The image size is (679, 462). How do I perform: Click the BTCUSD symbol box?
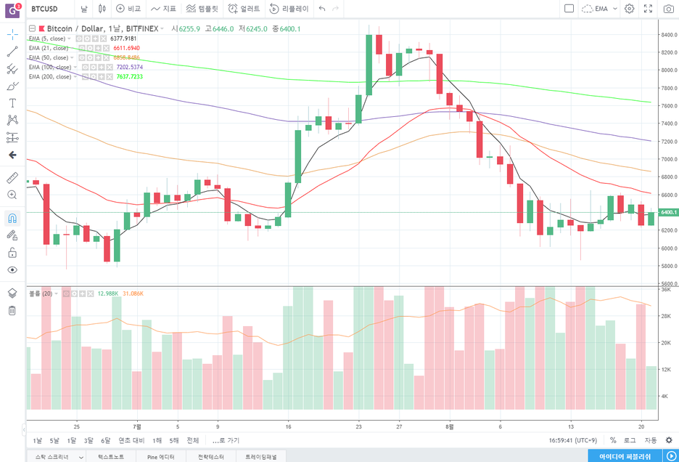click(x=45, y=9)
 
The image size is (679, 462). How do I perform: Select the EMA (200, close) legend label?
click(x=50, y=76)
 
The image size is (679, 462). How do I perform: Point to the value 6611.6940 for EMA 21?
click(x=126, y=47)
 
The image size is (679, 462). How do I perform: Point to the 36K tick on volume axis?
click(x=665, y=289)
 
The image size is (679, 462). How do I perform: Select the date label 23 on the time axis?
click(x=358, y=426)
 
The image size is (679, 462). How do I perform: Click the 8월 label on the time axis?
click(x=450, y=426)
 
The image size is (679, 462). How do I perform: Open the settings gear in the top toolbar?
click(x=629, y=9)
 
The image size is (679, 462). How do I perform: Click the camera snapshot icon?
click(x=668, y=9)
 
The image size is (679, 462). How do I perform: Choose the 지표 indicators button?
click(x=164, y=9)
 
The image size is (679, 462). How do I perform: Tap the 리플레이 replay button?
click(x=289, y=9)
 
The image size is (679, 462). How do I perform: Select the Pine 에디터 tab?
click(x=161, y=457)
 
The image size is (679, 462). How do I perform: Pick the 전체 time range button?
click(x=192, y=440)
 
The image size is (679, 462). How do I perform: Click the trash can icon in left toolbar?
click(x=12, y=311)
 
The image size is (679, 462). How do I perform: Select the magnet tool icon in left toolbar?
click(x=12, y=218)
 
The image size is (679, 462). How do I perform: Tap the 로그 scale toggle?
click(x=630, y=440)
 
